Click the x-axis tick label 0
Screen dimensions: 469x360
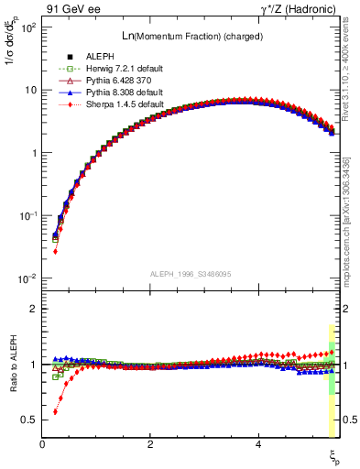pyautogui.click(x=42, y=443)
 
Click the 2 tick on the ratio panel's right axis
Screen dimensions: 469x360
pyautogui.click(x=346, y=309)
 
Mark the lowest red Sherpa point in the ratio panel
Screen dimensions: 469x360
pyautogui.click(x=55, y=411)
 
